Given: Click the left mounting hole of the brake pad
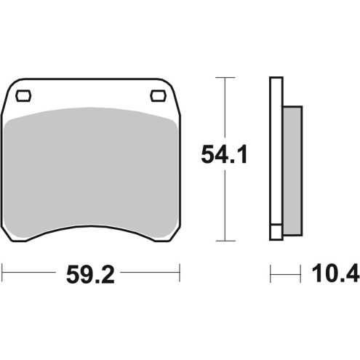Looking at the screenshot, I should (x=23, y=94).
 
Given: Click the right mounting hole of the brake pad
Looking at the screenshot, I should (x=156, y=94).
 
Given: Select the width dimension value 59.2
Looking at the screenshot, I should (x=90, y=276).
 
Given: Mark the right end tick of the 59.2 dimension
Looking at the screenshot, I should (x=179, y=275).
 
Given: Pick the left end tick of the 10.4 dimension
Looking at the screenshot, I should (x=271, y=275).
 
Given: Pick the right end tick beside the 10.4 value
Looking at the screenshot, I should (x=301, y=275).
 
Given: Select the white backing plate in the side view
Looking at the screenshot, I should (x=275, y=145).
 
